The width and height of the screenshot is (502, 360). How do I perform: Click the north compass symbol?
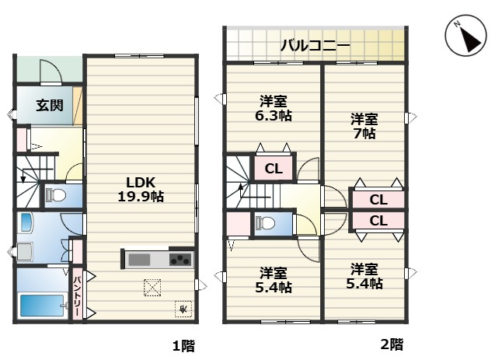point(465,36)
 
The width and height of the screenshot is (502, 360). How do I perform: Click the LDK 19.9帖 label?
point(141,189)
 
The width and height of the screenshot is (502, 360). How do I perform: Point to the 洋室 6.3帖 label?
point(274,108)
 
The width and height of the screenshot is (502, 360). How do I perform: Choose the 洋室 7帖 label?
point(364,126)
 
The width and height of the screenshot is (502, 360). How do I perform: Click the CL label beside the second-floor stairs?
point(274,169)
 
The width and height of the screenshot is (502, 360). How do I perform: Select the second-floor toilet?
point(265,223)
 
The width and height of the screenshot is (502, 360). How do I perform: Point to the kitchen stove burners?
point(180,259)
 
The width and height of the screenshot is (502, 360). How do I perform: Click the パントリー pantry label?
point(78,293)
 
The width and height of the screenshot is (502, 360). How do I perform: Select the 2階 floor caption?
point(392,343)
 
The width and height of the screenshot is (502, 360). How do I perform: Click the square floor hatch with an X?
point(152,287)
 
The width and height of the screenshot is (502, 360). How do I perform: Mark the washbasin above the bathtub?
point(26,251)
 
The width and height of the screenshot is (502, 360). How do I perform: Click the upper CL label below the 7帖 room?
point(378,200)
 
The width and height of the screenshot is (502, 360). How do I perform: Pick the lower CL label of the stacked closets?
point(378,220)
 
